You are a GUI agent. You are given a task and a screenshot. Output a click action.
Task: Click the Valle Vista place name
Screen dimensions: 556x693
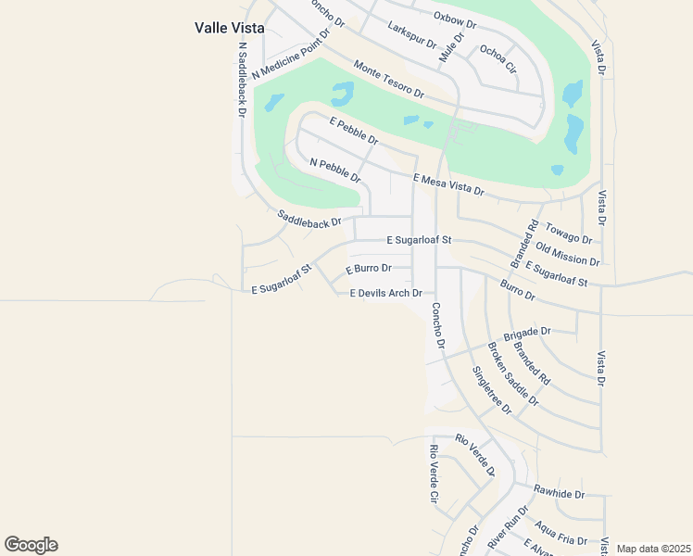coord(229,28)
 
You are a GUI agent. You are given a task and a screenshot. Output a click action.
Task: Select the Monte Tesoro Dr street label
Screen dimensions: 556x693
coord(388,80)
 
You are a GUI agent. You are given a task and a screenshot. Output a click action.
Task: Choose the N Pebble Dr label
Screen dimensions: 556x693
coord(334,171)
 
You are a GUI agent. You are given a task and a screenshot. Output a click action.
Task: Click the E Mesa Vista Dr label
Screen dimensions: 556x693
coord(448,184)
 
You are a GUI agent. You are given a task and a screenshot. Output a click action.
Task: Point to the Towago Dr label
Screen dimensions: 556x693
coord(563,230)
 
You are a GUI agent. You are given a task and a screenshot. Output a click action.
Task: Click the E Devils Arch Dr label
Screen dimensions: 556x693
coord(386,294)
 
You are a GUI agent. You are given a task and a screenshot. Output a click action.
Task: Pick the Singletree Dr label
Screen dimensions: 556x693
coord(491,390)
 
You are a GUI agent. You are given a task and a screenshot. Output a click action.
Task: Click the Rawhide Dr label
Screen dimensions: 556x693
coord(559,492)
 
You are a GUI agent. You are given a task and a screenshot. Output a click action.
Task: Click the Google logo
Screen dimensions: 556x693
coord(31,545)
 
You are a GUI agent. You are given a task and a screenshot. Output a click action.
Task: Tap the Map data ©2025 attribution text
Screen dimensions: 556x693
coord(652,549)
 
